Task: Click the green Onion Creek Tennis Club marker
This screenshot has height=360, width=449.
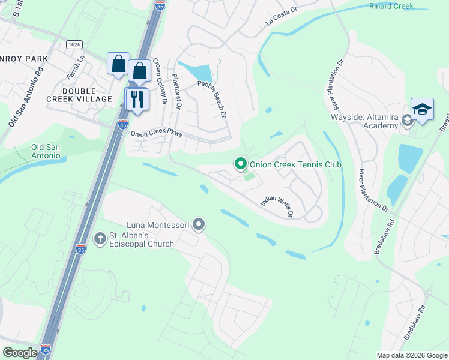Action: point(241,163)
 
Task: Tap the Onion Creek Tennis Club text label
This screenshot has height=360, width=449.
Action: point(295,164)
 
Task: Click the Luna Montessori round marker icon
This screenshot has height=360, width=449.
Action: point(199,225)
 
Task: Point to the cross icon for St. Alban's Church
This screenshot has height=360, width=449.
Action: point(100,238)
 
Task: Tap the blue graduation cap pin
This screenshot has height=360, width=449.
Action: point(422,109)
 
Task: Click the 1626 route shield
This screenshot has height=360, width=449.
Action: point(74,44)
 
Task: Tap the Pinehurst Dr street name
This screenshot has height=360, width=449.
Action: point(176,92)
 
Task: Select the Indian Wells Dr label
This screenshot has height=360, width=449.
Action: point(276,205)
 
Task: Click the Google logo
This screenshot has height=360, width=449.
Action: point(20,353)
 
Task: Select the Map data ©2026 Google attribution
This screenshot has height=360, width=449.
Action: point(412,355)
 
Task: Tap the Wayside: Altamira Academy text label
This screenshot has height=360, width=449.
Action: point(364,121)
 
